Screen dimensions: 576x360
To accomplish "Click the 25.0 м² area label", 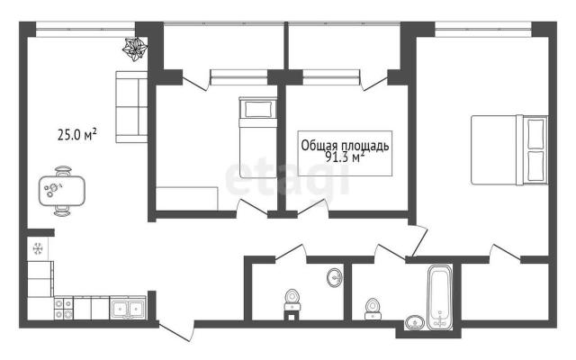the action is coord(77,134).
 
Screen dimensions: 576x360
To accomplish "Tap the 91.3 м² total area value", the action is coord(345,157).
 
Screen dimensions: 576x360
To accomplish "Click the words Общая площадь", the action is coord(345,146).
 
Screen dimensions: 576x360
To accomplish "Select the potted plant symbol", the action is coord(135,49).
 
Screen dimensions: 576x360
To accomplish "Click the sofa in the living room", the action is coord(131,107).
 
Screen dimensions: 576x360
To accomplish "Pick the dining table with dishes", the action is coord(62,191).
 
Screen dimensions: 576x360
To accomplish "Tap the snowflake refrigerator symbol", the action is coord(38,248).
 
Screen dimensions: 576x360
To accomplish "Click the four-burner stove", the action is coord(64,309).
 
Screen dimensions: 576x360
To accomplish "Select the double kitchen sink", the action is coord(128,308).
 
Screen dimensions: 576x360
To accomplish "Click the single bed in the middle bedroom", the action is coord(258,138).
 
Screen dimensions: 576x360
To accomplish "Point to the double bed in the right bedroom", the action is coord(509,150).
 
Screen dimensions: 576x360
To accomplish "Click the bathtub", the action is coord(439,296).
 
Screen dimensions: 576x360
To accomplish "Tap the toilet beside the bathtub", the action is coord(373,309).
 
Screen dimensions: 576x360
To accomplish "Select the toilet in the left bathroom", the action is coord(292,301).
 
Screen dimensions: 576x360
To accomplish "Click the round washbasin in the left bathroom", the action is coord(334,277).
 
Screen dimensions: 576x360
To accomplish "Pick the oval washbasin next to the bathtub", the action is coord(415,323).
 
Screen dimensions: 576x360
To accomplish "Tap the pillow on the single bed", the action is coord(257,109).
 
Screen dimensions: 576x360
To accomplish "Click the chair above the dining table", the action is coord(63,171).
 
